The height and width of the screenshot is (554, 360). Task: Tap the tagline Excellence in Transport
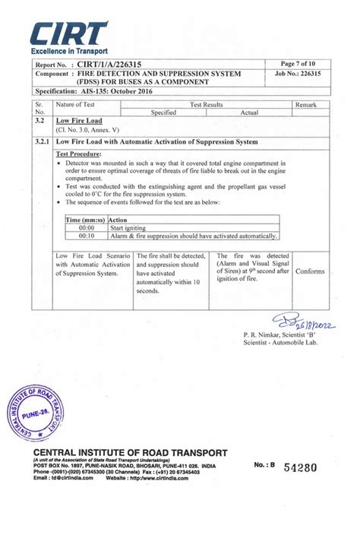68,50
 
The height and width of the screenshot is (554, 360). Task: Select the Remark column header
306,105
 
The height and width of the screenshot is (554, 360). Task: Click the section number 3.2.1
41,141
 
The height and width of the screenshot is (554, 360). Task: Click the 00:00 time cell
87,227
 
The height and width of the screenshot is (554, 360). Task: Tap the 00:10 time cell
87,235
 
